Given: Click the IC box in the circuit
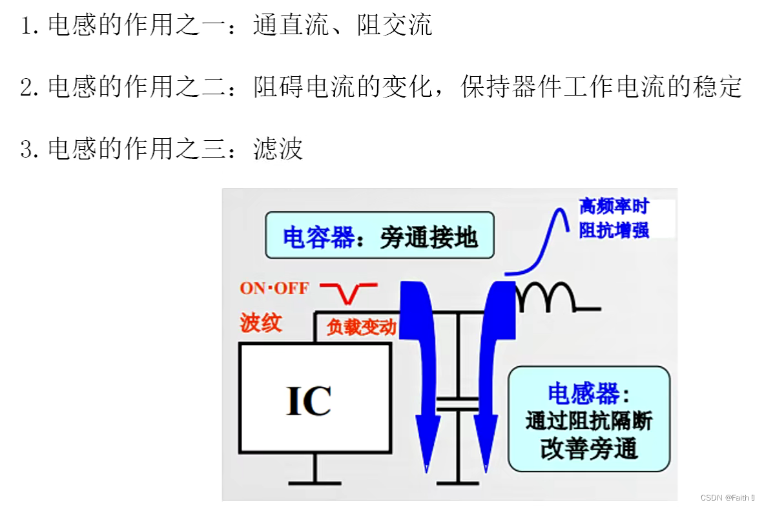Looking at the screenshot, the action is (x=315, y=397).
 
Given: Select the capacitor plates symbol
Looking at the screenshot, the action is (x=458, y=404).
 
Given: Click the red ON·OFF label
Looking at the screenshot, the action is (x=274, y=288).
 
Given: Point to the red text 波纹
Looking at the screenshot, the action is (x=261, y=322).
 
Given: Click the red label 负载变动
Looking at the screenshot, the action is (x=360, y=327).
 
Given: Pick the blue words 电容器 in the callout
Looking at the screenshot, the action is (x=318, y=238).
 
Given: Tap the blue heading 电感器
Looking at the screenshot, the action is (x=587, y=393).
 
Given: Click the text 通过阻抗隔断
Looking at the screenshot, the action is (x=589, y=421).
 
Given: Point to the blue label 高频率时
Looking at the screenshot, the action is (x=613, y=207).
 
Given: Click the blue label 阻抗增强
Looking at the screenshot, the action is (x=614, y=230).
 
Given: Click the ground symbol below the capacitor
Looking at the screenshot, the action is (x=458, y=481).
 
